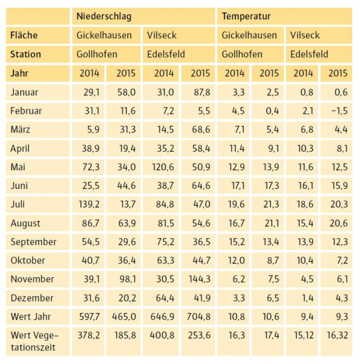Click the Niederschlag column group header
tap(104, 16)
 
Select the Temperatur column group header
tap(246, 16)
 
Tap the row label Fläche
tap(24, 35)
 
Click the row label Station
tap(26, 55)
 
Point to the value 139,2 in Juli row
tap(89, 204)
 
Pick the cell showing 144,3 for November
tap(200, 279)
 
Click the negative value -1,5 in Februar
tap(340, 111)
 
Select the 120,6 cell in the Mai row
tap(163, 167)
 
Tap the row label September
tap(34, 242)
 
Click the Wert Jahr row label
tap(31, 317)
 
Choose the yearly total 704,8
tap(199, 317)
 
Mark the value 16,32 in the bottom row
tap(337, 335)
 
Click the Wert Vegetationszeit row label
tap(34, 341)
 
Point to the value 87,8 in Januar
tap(202, 92)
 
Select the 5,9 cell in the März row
tap(94, 130)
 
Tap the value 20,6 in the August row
tap(339, 223)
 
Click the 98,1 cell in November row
tap(128, 279)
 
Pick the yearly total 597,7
tap(89, 317)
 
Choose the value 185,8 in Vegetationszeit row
tap(125, 335)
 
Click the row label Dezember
tap(32, 298)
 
